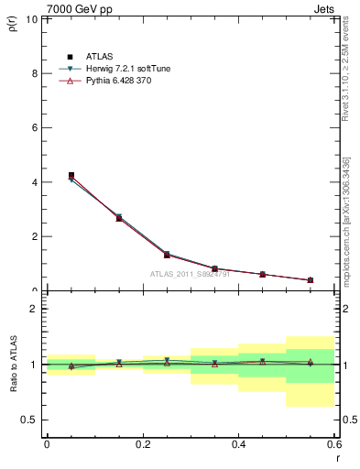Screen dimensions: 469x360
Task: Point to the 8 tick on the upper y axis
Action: [x=35, y=73]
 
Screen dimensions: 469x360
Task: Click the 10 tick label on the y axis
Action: [x=32, y=19]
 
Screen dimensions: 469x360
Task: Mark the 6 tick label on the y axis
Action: [x=35, y=127]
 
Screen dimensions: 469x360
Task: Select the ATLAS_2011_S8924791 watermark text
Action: [x=190, y=274]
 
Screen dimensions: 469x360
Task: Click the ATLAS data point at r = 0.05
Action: [x=71, y=175]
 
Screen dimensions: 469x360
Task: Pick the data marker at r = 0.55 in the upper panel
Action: [x=311, y=280]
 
